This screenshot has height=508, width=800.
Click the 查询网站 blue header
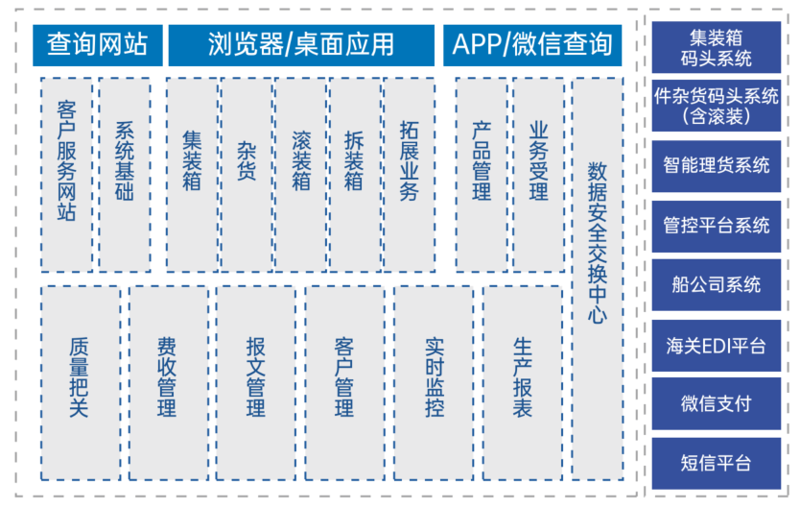pyautogui.click(x=98, y=45)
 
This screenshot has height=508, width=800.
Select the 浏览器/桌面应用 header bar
pyautogui.click(x=301, y=45)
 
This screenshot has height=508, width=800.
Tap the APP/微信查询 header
pyautogui.click(x=532, y=45)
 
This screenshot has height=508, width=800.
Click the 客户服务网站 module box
pyautogui.click(x=67, y=175)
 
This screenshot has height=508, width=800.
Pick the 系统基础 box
pyautogui.click(x=125, y=175)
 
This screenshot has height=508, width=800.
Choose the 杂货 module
pyautogui.click(x=247, y=175)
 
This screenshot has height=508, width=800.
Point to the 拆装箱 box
pyautogui.click(x=355, y=175)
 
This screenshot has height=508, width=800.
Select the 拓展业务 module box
pyautogui.click(x=410, y=175)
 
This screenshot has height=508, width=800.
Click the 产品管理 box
pyautogui.click(x=482, y=175)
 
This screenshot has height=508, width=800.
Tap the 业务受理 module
pyautogui.click(x=539, y=175)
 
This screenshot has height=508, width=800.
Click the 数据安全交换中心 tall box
pyautogui.click(x=598, y=278)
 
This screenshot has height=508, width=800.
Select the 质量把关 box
pyautogui.click(x=81, y=383)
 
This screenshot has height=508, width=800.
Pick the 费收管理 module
pyautogui.click(x=169, y=383)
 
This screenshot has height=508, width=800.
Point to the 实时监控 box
pyautogui.click(x=434, y=383)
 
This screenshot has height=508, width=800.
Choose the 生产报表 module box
pyautogui.click(x=523, y=383)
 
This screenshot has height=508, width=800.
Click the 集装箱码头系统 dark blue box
pyautogui.click(x=717, y=47)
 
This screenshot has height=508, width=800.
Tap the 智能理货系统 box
pyautogui.click(x=717, y=166)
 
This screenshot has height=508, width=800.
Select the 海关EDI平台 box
pyautogui.click(x=717, y=346)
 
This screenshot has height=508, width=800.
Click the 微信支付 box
pyautogui.click(x=717, y=403)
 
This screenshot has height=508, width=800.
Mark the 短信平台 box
pyautogui.click(x=717, y=463)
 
